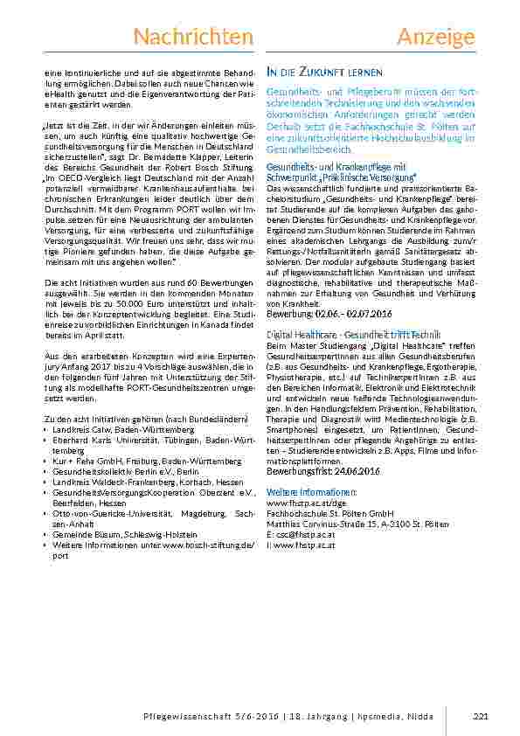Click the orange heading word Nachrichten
[x=193, y=36]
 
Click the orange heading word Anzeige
[x=435, y=36]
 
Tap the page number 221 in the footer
[x=479, y=717]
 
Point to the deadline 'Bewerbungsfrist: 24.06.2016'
[x=322, y=471]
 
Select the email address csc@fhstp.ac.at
[x=305, y=533]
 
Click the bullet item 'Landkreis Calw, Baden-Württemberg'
[x=123, y=431]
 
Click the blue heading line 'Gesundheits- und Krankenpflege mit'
[x=336, y=166]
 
